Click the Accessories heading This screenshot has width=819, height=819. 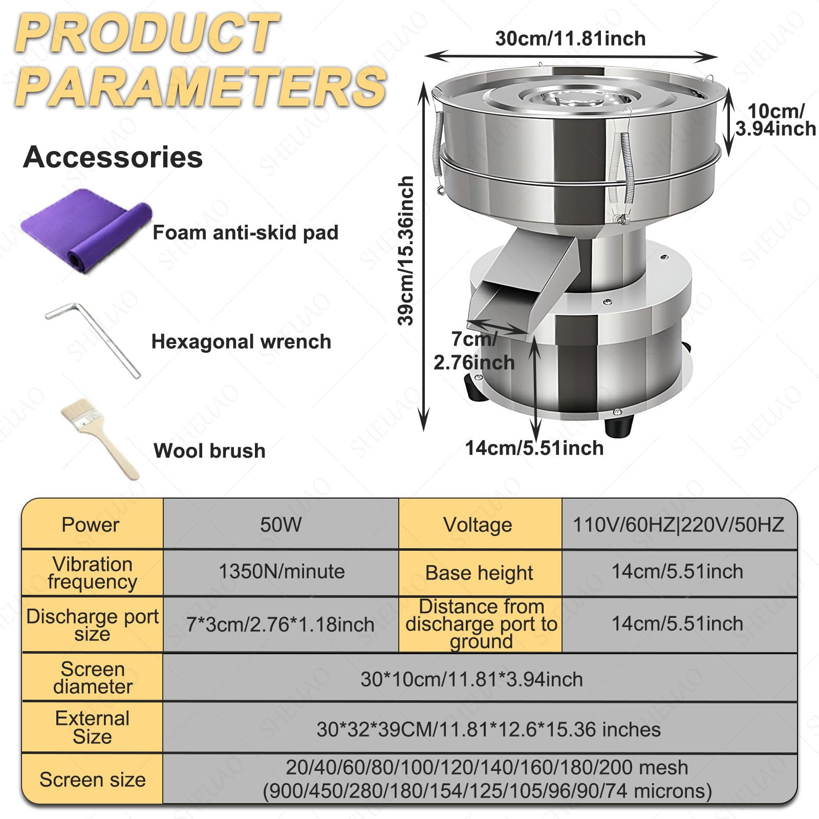(113, 157)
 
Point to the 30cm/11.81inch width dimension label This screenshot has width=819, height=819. (570, 38)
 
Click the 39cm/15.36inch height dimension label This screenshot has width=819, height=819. (406, 250)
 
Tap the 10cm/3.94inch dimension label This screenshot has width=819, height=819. (775, 120)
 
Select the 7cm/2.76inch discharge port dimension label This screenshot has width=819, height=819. (474, 351)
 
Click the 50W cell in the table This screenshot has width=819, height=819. (281, 524)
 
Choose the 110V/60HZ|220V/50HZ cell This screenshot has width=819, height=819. (679, 524)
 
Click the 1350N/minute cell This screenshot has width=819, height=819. (281, 572)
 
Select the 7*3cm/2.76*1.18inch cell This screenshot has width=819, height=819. (281, 624)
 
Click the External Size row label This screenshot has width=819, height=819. (92, 727)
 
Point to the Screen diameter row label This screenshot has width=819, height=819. (92, 677)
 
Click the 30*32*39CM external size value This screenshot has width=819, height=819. (488, 729)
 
